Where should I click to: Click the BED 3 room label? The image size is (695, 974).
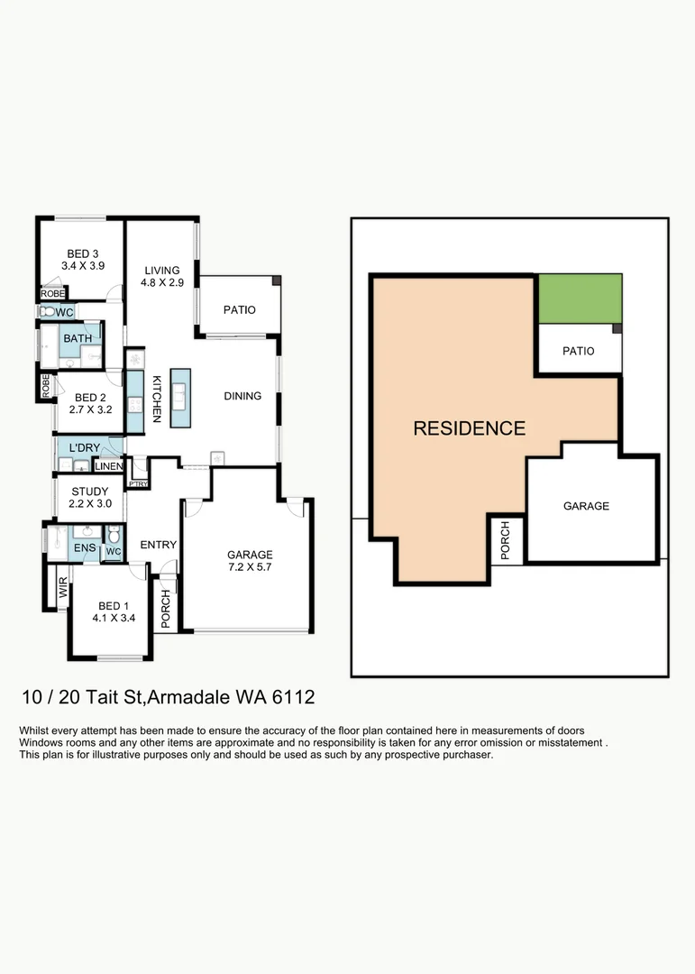coord(83,253)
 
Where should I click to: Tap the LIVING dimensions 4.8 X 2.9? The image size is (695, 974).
coord(162,283)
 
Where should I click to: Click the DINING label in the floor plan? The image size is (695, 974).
coord(242,396)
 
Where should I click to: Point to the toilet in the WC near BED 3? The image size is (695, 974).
coord(46,311)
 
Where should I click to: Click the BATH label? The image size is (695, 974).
coord(78,338)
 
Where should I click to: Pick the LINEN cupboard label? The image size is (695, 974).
coord(107,466)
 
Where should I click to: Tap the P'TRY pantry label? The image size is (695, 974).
coord(138,484)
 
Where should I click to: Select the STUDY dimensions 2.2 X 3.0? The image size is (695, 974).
coord(91,504)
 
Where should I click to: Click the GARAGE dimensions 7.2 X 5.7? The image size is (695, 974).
coord(250,568)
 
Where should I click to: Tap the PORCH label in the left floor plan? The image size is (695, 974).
coord(165,602)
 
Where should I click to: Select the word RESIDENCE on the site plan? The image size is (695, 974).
coord(469,428)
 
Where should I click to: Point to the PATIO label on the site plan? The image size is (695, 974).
coord(578,351)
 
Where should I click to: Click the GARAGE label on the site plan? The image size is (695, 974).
coord(586,506)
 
